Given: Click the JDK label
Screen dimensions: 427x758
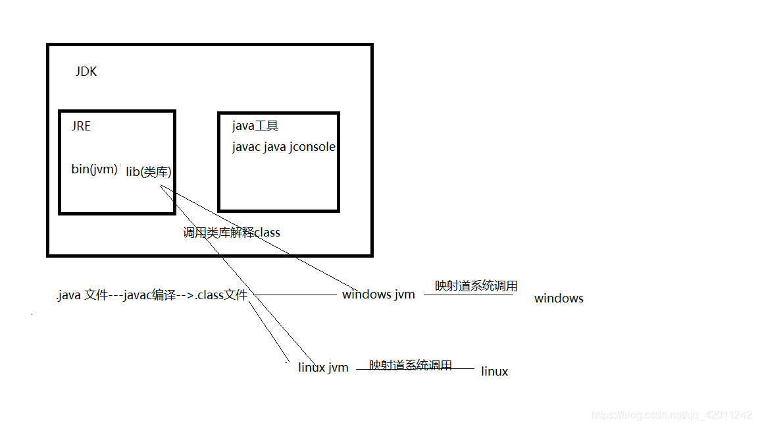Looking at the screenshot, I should [86, 72].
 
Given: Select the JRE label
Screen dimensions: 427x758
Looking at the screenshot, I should [81, 126].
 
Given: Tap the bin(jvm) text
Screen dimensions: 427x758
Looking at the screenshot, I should [94, 169].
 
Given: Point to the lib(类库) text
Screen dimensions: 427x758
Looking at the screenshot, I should [149, 172].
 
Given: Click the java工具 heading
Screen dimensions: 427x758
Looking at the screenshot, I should [255, 126].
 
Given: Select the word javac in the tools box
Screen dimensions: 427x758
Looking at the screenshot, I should [246, 147].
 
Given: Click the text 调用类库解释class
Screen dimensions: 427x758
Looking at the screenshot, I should [232, 233].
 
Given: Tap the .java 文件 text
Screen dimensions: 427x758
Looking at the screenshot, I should [82, 296].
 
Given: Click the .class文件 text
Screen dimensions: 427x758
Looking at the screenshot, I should [221, 296].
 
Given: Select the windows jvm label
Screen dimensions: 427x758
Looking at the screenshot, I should [378, 295].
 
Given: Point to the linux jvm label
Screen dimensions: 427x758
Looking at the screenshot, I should [323, 368].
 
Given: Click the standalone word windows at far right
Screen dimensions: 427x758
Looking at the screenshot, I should [559, 299].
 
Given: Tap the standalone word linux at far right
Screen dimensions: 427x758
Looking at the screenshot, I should [495, 372].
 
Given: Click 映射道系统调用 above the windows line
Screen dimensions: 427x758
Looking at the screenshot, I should [476, 286].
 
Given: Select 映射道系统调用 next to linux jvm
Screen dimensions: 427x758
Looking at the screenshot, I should [411, 365].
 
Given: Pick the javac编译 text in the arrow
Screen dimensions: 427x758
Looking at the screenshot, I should [151, 296].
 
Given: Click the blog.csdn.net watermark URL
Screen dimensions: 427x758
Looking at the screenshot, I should [672, 415].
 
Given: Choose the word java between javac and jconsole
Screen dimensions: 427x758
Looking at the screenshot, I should [275, 147].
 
